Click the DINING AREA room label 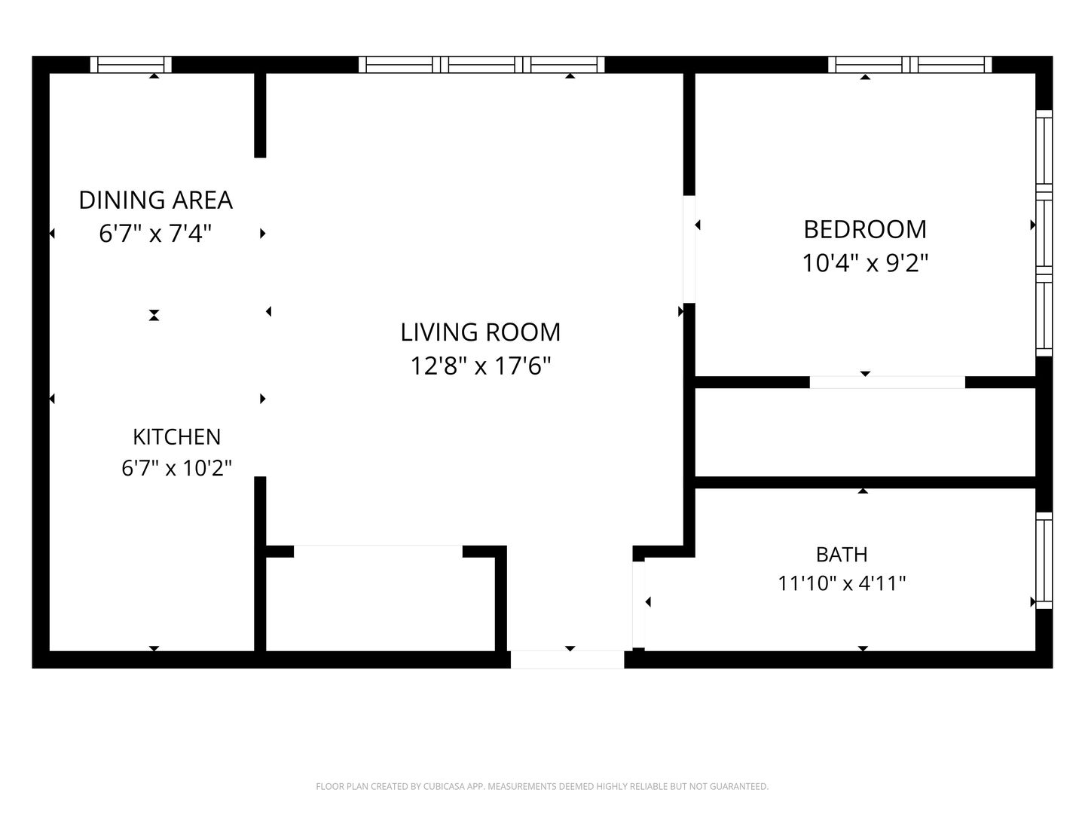pos(156,200)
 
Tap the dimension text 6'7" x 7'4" pos(155,234)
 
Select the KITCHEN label pos(177,437)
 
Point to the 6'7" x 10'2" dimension pos(176,467)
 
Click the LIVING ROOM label pos(481,332)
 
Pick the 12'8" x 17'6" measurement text pos(481,366)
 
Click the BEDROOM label pos(865,230)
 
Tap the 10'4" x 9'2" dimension pos(865,263)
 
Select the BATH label pos(842,555)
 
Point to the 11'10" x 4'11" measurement pos(842,583)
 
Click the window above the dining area pos(131,65)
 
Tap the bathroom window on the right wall pos(1044,561)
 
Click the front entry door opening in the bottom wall pos(567,659)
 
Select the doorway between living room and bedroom pos(689,249)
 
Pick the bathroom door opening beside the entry pos(639,605)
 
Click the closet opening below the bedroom pos(888,382)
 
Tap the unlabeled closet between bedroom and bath pos(866,433)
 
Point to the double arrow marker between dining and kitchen pos(154,315)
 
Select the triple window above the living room pos(481,65)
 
